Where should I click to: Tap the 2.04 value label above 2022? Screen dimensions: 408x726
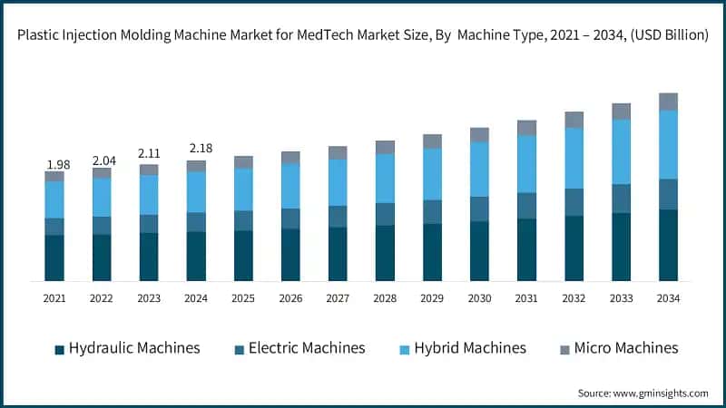[102, 160]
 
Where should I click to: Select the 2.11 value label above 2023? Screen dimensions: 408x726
[149, 154]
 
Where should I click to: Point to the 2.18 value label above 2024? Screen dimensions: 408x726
[196, 148]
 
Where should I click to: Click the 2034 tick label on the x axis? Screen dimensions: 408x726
[668, 297]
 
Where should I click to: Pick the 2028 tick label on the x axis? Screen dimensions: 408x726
[385, 297]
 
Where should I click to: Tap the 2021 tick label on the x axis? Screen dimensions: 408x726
[54, 297]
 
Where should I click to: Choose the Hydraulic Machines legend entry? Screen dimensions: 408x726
[127, 348]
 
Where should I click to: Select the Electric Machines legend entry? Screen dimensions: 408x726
[299, 348]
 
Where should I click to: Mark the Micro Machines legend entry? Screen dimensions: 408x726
[616, 348]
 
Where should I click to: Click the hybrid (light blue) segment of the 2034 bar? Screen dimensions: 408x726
[668, 144]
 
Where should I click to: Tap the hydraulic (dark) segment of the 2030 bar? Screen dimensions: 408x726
[479, 251]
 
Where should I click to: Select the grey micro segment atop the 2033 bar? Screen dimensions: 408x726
[621, 112]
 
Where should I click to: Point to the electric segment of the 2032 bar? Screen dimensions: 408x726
[574, 202]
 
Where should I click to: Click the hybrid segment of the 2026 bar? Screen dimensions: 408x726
[290, 186]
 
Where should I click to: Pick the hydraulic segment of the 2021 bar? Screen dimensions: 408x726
[54, 257]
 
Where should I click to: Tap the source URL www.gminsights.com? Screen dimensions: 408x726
[662, 393]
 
